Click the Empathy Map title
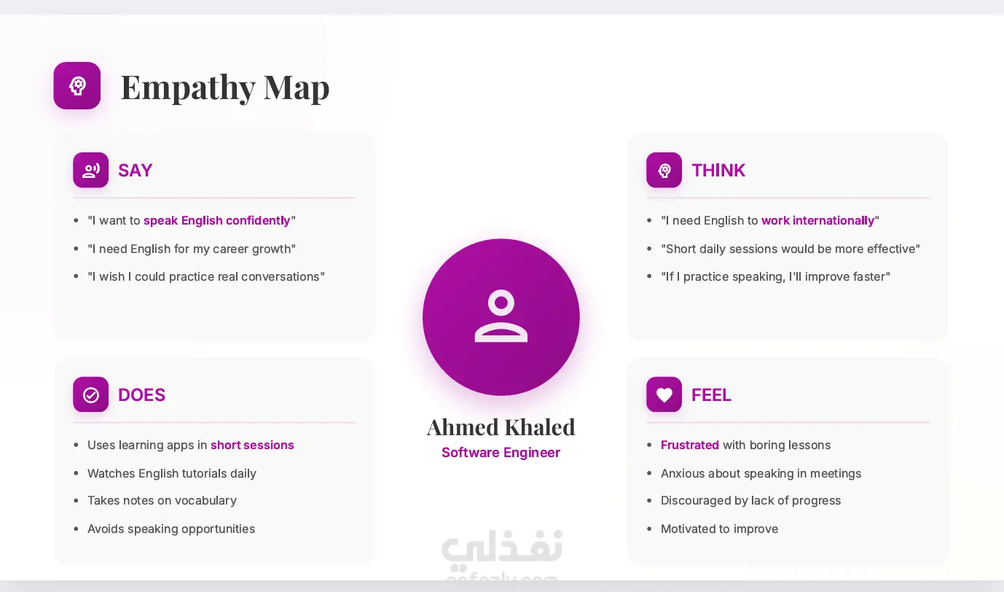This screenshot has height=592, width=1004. [x=225, y=87]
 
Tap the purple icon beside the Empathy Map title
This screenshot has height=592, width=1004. [x=77, y=85]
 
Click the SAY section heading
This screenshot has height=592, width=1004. [x=135, y=171]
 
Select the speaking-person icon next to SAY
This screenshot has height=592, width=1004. [x=90, y=170]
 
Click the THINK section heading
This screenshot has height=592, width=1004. [x=718, y=171]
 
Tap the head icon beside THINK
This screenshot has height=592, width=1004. [x=664, y=170]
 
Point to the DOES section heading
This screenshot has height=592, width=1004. [x=141, y=395]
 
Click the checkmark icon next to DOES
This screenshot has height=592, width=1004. [x=90, y=394]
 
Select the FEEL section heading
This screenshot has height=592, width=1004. [x=711, y=395]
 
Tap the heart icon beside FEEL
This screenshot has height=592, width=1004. [x=664, y=394]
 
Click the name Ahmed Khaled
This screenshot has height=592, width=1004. [x=501, y=427]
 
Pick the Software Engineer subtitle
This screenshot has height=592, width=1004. [x=501, y=453]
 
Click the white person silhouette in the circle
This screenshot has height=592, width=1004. [x=501, y=316]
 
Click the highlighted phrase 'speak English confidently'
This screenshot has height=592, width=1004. [x=217, y=221]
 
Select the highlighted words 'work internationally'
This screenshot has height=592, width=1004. [x=818, y=221]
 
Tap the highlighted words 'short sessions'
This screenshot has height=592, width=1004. [x=252, y=445]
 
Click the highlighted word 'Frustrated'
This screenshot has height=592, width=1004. [x=690, y=445]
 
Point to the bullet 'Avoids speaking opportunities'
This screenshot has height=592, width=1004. [x=171, y=529]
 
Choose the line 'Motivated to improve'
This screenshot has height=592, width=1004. [x=719, y=529]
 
